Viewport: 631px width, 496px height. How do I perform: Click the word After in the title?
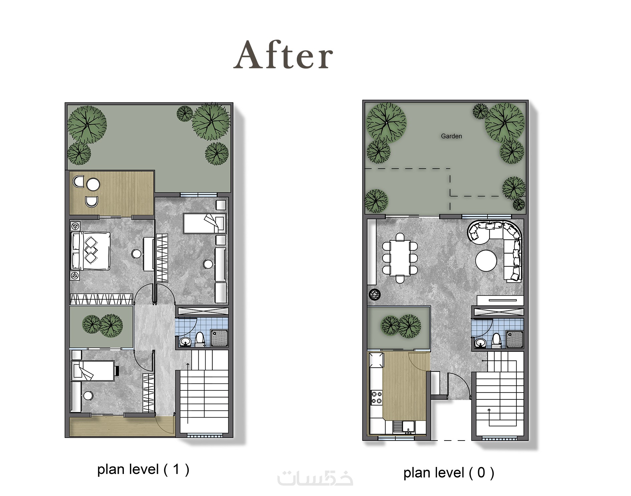pyautogui.click(x=283, y=55)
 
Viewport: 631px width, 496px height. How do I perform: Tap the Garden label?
pyautogui.click(x=451, y=136)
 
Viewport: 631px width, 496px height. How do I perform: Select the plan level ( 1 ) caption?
pyautogui.click(x=143, y=469)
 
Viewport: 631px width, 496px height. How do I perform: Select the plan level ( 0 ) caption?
pyautogui.click(x=449, y=473)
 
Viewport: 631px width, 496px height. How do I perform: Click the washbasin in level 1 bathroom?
pyautogui.click(x=185, y=341)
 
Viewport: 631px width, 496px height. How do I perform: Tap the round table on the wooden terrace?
pyautogui.click(x=93, y=184)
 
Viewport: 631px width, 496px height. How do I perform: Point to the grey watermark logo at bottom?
pyautogui.click(x=315, y=478)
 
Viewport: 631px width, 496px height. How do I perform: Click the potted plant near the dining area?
pyautogui.click(x=375, y=294)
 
